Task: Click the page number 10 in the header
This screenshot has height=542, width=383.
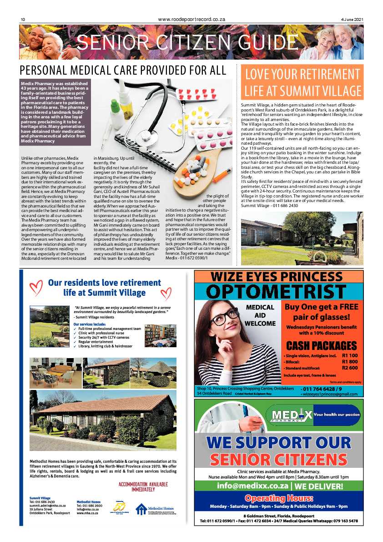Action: tap(21, 19)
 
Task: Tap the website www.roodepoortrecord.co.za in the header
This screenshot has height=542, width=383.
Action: tap(191, 19)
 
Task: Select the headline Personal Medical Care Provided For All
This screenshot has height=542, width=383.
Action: tap(123, 70)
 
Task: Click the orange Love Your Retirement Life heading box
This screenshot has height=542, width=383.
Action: tap(302, 82)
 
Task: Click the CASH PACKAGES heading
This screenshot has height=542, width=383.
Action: tap(321, 345)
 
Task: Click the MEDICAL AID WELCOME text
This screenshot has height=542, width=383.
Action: tap(260, 315)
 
